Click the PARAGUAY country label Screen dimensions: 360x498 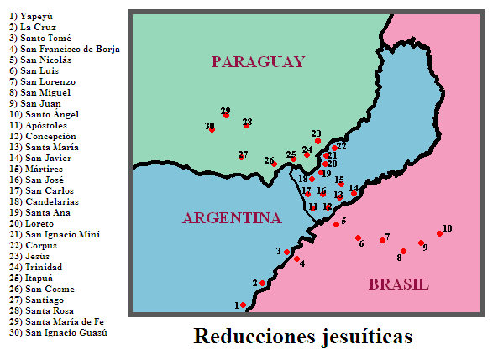pos(257,61)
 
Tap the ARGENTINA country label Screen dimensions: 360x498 pos(231,218)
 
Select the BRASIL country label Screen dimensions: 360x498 pos(398,284)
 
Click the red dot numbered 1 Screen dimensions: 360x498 pos(244,305)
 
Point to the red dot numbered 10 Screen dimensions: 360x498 pos(439,234)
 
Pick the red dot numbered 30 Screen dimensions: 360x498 pos(212,130)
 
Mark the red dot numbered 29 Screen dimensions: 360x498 pos(226,116)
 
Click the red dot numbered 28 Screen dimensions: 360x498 pos(246,126)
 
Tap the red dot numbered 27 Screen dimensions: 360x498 pos(241,157)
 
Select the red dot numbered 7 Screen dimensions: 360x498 pos(382,242)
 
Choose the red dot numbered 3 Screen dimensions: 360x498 pos(286,252)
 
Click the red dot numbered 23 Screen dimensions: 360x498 pos(317,141)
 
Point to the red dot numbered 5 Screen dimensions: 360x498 pos(336,224)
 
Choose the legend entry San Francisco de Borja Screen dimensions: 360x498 pos(63,49)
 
